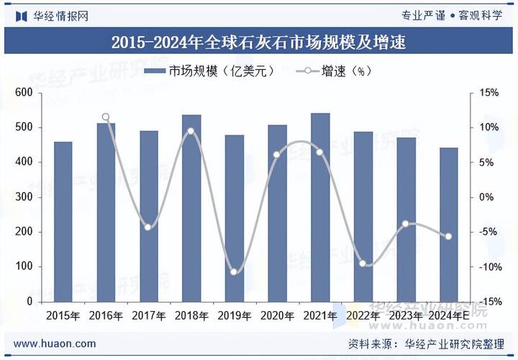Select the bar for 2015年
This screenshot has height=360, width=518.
[x=63, y=222]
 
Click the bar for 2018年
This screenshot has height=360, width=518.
[x=191, y=208]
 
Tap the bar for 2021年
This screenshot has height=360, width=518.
[x=320, y=207]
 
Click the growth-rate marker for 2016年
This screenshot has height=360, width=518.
[x=106, y=117]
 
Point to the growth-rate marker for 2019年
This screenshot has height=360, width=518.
[x=234, y=271]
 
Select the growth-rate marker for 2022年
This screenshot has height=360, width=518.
[x=363, y=264]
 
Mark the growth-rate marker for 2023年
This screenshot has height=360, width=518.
[x=406, y=224]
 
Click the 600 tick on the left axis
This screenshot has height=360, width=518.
[x=24, y=93]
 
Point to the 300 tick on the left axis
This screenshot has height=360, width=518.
[x=24, y=197]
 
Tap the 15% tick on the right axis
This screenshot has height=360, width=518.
[x=490, y=93]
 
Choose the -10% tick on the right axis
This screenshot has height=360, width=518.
[x=489, y=267]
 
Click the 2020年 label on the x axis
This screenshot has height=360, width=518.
[x=277, y=315]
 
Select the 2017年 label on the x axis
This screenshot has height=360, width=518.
[x=149, y=315]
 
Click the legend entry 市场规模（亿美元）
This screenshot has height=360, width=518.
[x=209, y=71]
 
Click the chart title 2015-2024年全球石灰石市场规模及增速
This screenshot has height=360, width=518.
[x=259, y=42]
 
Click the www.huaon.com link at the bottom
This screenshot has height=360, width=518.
[x=55, y=343]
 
